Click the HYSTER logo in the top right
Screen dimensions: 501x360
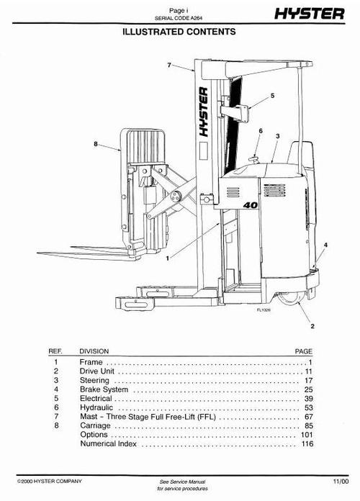312,13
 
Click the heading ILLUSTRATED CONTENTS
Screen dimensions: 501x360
179,32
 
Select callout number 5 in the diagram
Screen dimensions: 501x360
272,95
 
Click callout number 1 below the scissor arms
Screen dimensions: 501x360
168,257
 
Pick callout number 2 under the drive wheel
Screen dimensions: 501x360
312,326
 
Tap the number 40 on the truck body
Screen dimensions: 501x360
251,206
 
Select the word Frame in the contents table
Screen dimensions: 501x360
91,361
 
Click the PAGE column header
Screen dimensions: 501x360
304,351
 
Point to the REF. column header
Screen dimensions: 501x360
55,351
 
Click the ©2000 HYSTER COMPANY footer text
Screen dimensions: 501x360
48,480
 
